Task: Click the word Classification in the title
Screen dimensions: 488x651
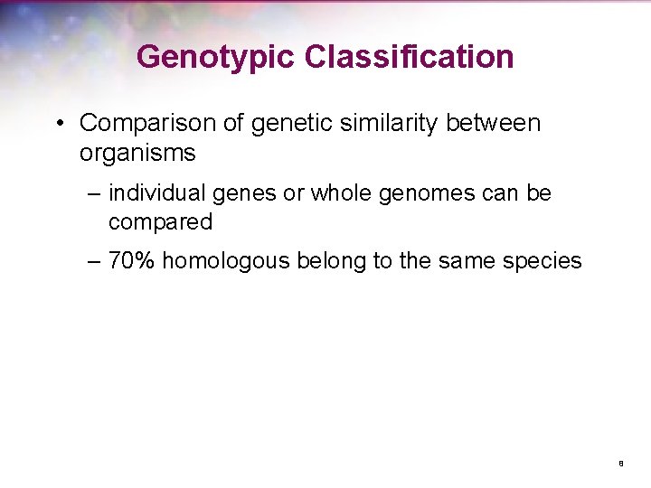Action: click(409, 57)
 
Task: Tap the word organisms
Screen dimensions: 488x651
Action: click(137, 153)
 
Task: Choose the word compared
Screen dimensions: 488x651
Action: click(160, 221)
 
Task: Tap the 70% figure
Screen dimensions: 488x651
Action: click(132, 262)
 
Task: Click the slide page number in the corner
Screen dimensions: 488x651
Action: click(621, 464)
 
